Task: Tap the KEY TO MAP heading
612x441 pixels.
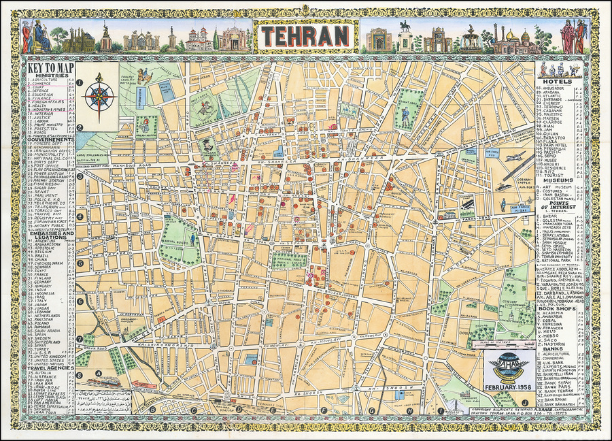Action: tap(50, 67)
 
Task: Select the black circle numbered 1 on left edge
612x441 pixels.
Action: tap(80, 84)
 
